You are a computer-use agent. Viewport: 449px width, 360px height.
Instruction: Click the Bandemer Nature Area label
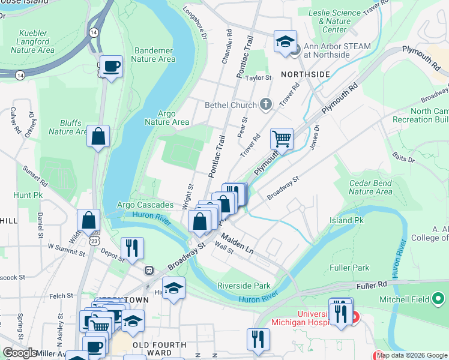pyautogui.click(x=153, y=55)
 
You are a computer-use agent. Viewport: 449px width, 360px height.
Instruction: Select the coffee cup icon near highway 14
pyautogui.click(x=111, y=66)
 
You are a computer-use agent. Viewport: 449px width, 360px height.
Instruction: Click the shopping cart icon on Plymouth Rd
pyautogui.click(x=282, y=139)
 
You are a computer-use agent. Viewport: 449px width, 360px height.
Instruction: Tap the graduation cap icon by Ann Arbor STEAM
pyautogui.click(x=285, y=41)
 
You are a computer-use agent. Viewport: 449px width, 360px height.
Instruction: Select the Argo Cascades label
pyautogui.click(x=145, y=205)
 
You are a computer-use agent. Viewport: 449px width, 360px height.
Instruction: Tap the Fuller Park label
pyautogui.click(x=349, y=267)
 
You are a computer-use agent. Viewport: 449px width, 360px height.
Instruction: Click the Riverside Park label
pyautogui.click(x=244, y=286)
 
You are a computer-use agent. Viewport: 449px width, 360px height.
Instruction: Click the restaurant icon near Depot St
pyautogui.click(x=132, y=248)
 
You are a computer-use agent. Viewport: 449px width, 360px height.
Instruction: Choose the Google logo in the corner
pyautogui.click(x=20, y=353)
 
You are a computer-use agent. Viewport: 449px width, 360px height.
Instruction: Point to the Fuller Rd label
pyautogui.click(x=375, y=287)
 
